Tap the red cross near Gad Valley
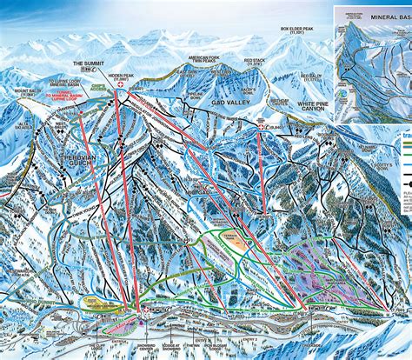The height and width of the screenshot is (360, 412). point(262,127)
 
